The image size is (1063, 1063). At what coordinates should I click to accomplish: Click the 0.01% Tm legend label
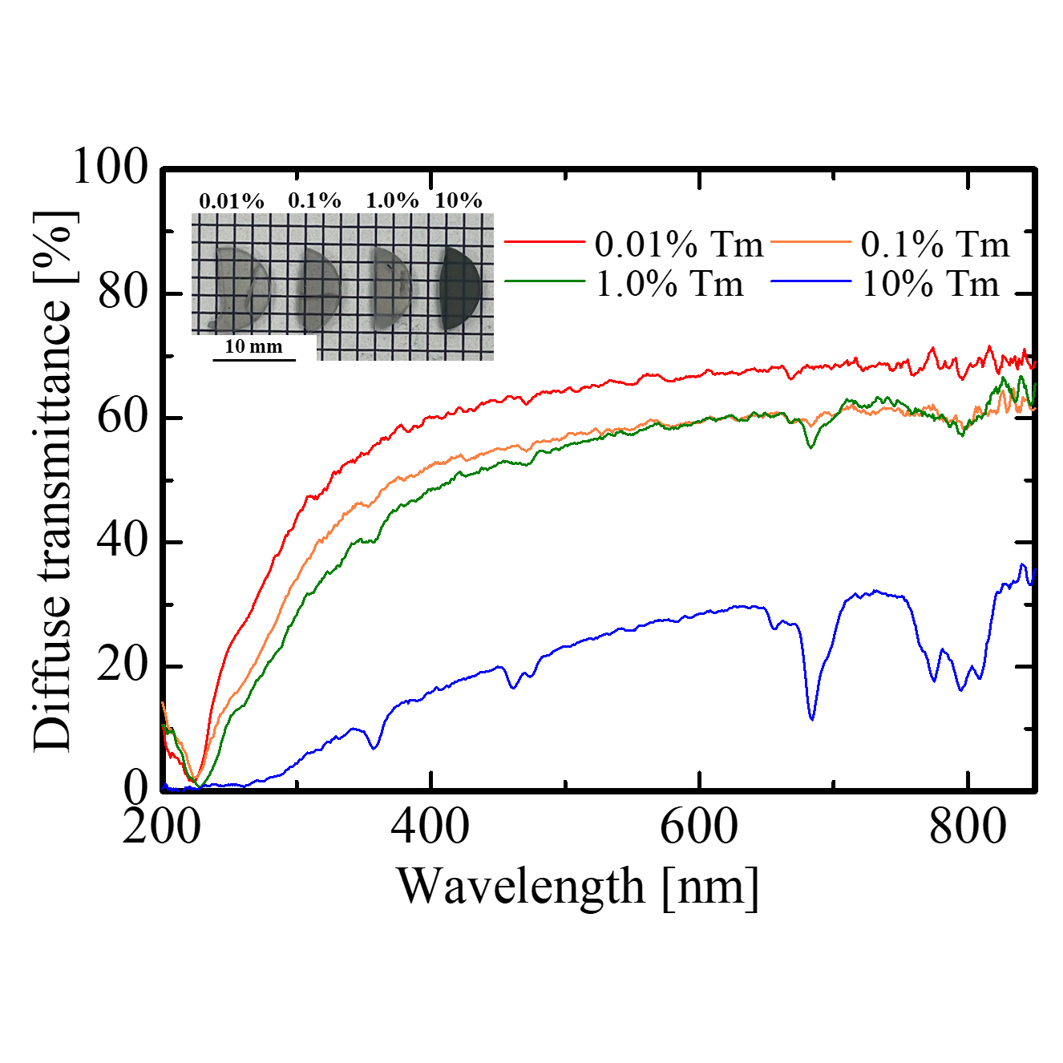(678, 244)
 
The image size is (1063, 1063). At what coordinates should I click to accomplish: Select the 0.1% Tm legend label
(935, 244)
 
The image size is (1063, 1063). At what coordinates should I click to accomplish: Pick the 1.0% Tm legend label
(669, 284)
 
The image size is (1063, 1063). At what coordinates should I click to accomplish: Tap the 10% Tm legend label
(931, 284)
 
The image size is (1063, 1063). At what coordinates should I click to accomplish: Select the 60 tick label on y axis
(123, 417)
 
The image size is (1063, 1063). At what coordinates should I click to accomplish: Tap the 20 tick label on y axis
(123, 665)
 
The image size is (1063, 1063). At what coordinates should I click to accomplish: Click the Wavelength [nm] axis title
(577, 887)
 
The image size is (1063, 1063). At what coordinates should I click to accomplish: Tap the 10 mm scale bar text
(253, 346)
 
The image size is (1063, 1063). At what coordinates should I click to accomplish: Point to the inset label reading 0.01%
(232, 200)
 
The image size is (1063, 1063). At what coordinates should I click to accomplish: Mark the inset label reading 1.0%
(392, 200)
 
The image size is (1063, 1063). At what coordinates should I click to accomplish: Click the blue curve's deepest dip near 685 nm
(812, 718)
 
